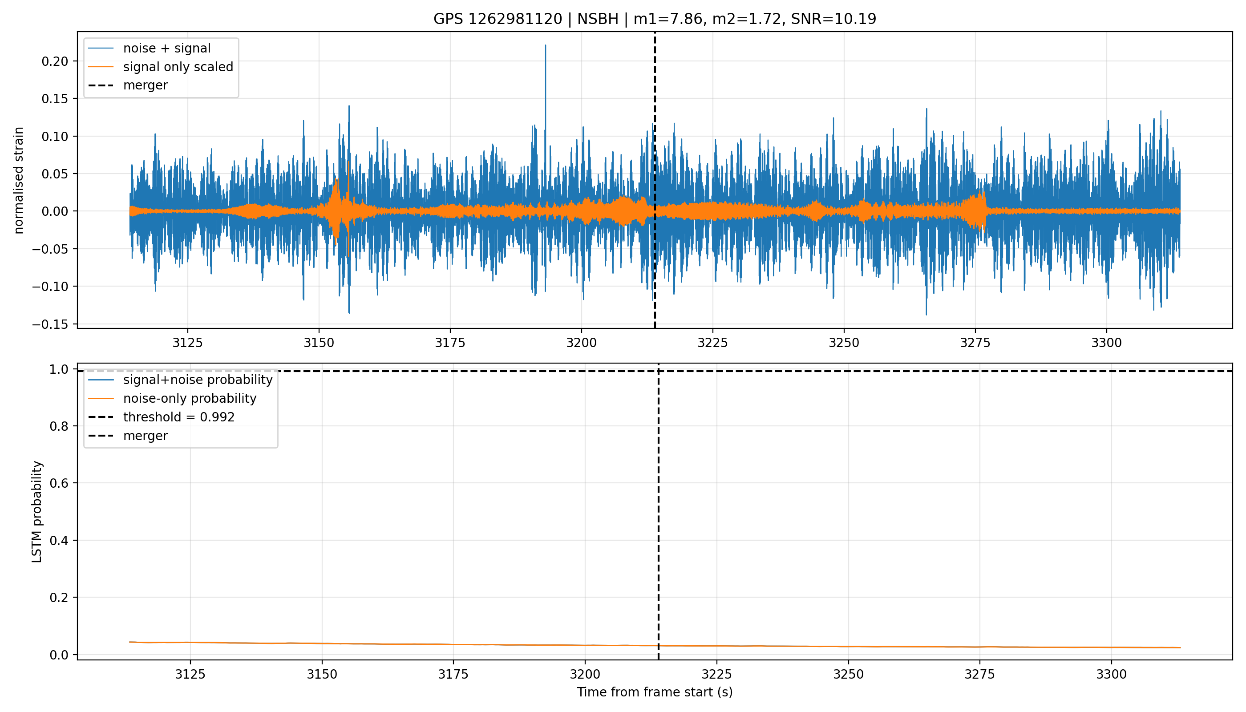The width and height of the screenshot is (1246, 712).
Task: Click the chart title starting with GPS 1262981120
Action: pos(654,19)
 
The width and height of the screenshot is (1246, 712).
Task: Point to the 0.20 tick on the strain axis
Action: pos(55,61)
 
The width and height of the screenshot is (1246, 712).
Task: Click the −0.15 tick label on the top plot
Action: pos(50,324)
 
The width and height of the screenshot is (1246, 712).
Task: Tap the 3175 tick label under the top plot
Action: pos(450,343)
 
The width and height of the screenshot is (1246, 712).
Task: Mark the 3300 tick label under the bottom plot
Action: pos(1112,674)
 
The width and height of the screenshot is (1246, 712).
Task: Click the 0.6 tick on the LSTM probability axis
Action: pos(59,483)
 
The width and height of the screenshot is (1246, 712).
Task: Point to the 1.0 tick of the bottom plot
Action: pos(59,369)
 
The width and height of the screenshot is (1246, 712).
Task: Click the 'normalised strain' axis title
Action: pos(19,180)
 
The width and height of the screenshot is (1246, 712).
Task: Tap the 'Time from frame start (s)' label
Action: pos(655,692)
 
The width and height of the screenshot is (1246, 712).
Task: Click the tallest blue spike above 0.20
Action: pos(546,45)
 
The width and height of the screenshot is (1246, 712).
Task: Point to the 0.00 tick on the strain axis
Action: pos(55,211)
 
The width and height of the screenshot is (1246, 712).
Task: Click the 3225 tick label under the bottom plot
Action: pos(716,674)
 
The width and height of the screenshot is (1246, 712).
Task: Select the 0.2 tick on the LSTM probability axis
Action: pos(59,598)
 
